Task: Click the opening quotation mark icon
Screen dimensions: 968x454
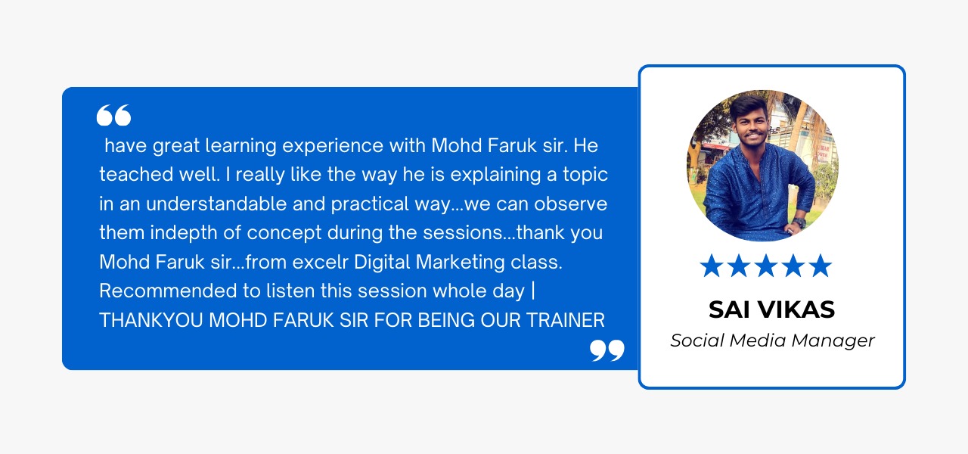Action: [x=113, y=115]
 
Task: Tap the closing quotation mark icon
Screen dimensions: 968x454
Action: [x=607, y=350]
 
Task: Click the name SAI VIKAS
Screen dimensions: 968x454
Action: [x=772, y=309]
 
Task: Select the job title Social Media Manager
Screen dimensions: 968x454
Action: [x=772, y=340]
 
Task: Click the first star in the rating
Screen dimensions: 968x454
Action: [x=711, y=266]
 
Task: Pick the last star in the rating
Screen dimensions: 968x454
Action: [x=821, y=266]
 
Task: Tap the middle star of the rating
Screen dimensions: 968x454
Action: [x=766, y=266]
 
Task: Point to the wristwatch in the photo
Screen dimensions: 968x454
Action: [x=799, y=222]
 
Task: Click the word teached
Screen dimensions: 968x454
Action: [x=136, y=175]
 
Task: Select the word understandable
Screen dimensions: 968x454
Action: [x=216, y=204]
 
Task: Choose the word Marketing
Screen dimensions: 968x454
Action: [x=461, y=263]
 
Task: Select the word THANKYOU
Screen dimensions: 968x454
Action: [x=151, y=320]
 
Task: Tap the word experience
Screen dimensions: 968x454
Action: [x=333, y=147]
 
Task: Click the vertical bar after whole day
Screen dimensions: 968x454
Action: [x=533, y=291]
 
